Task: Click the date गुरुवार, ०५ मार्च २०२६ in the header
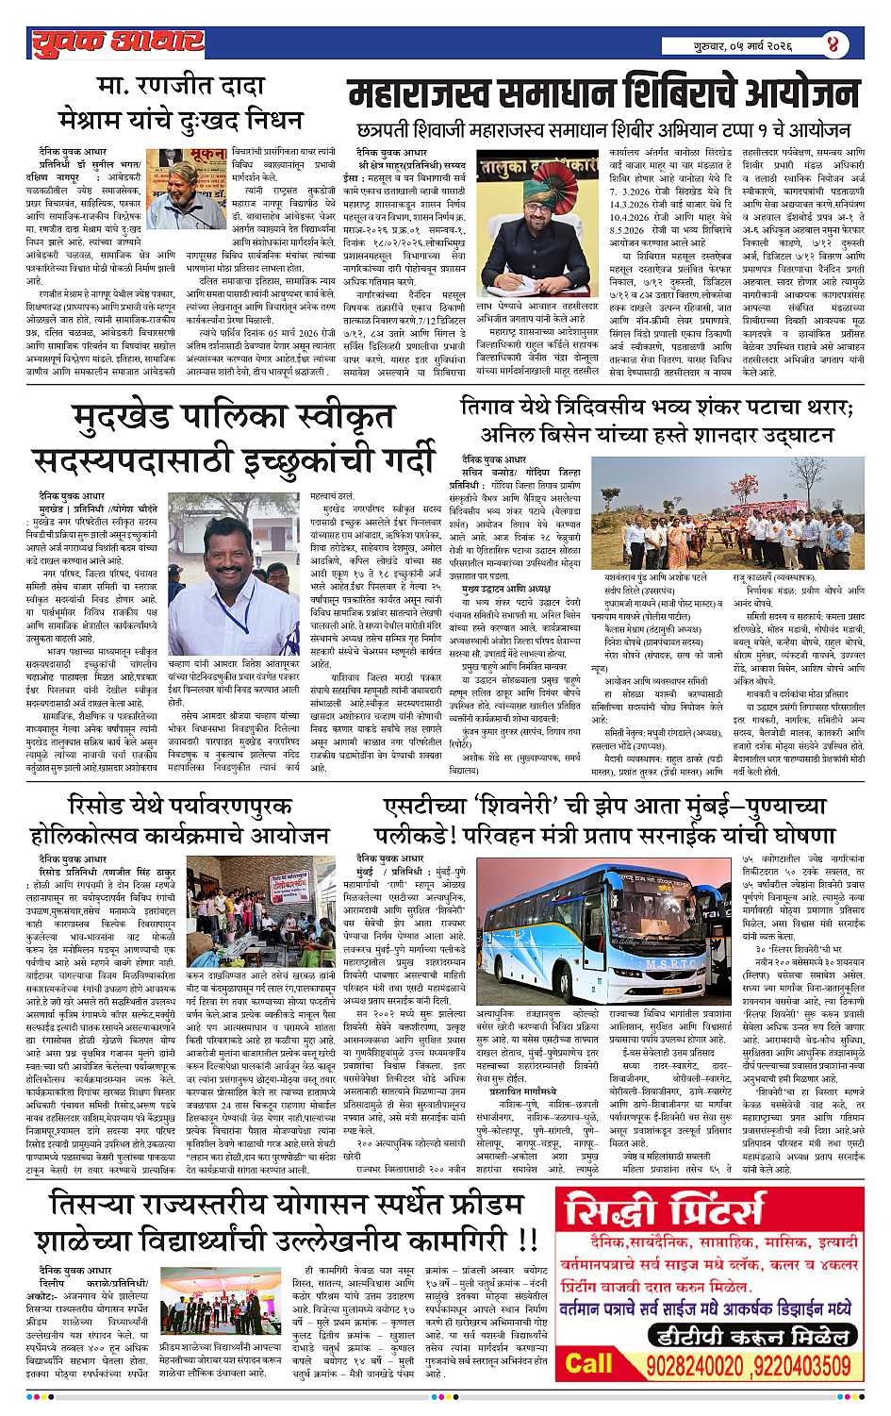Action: [x=741, y=44]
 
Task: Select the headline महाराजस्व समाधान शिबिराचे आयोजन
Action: [x=603, y=95]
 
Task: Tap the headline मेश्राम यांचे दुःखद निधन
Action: [x=178, y=124]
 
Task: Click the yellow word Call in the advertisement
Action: [x=588, y=1363]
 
